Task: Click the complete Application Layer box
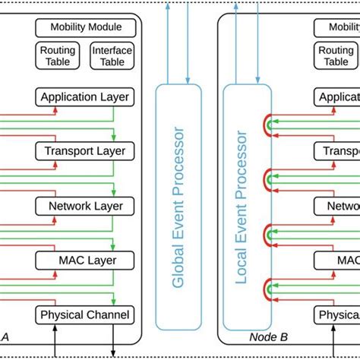[84, 97]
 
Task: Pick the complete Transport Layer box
[84, 151]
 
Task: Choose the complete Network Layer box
[84, 206]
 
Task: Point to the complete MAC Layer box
[84, 261]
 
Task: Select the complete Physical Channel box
[84, 314]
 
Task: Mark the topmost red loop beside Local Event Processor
[268, 124]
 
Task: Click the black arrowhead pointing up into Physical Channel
[55, 327]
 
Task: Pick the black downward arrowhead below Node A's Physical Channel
[113, 353]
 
